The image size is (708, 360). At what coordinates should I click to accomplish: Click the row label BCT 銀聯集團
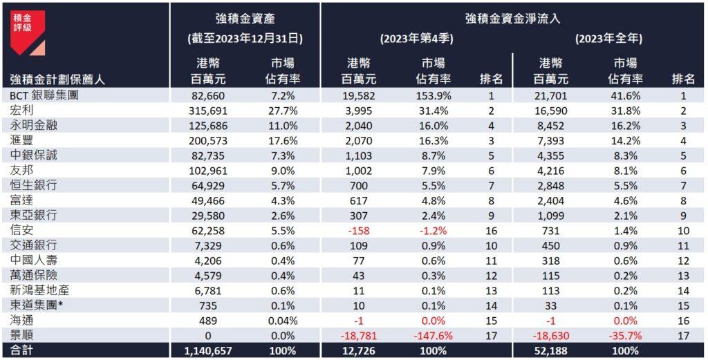click(44, 95)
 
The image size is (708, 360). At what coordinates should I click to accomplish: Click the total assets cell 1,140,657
click(207, 351)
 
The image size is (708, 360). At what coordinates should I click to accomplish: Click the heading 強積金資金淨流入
click(513, 18)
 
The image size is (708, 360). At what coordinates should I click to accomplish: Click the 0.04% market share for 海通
click(283, 320)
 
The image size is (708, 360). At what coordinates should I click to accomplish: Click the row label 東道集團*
click(37, 305)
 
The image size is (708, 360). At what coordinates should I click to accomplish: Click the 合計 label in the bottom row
click(21, 351)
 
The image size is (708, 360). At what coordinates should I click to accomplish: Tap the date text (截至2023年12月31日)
click(245, 39)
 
